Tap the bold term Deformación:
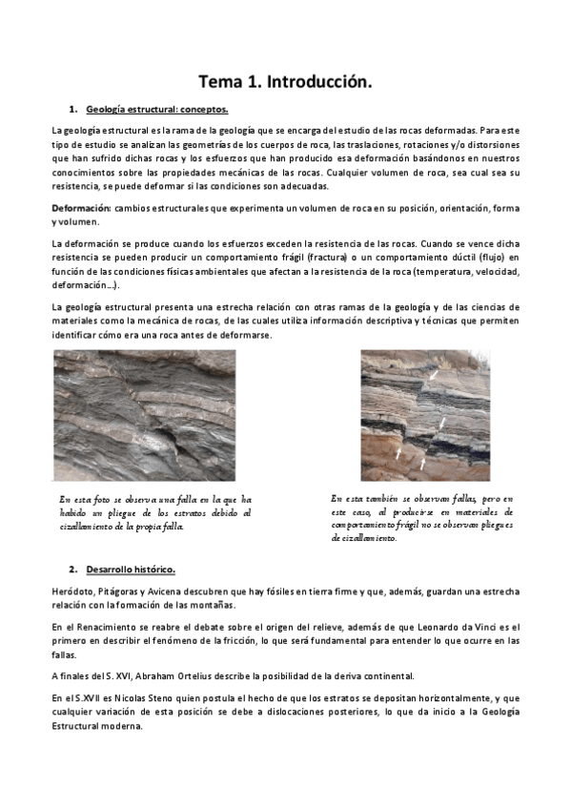click(81, 208)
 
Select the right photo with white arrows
click(424, 415)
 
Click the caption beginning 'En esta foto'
click(155, 512)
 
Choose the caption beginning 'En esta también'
click(422, 518)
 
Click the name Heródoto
click(73, 591)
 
